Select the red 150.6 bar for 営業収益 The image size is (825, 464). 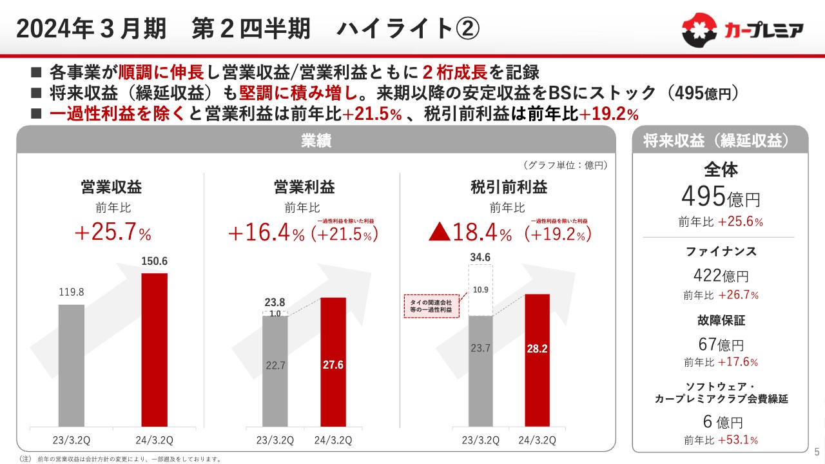155,349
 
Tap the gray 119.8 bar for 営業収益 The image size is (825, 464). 71,365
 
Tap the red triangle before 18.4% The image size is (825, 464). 441,233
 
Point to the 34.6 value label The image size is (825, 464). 480,258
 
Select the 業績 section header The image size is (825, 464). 316,141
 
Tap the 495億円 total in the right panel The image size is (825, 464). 721,195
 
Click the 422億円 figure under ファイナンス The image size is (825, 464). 721,276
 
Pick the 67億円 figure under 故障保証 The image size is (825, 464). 721,345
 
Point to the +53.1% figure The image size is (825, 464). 739,441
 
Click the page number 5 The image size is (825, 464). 817,451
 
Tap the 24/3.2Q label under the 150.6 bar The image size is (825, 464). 154,440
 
